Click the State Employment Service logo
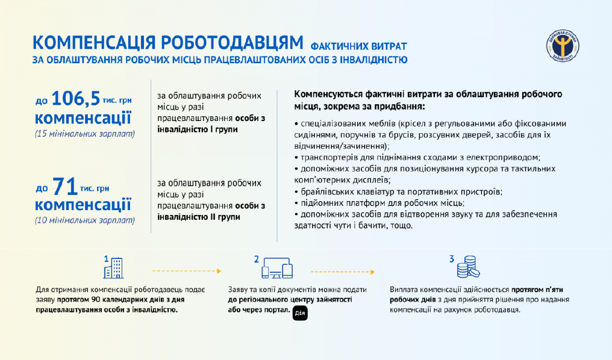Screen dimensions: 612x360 (563, 46)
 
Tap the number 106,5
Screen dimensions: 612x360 (76, 98)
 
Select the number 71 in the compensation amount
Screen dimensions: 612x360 (65, 187)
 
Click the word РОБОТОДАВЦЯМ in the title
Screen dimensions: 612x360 (232, 43)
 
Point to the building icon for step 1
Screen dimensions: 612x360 (114, 268)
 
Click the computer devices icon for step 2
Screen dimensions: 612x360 (277, 268)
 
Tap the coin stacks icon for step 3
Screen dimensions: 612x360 (469, 267)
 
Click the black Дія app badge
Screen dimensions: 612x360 (300, 313)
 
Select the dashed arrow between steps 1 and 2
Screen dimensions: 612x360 (187, 271)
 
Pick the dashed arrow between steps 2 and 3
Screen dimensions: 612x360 (342, 272)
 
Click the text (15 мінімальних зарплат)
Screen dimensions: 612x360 (85, 134)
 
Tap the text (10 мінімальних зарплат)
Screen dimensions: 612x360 (85, 220)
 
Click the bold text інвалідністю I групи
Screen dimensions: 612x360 (198, 129)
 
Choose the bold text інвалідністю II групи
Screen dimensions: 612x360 (199, 217)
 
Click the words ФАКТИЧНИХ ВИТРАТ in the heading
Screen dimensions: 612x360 (358, 46)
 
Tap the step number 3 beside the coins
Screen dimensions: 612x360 (452, 259)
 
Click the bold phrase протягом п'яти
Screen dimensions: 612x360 (537, 290)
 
